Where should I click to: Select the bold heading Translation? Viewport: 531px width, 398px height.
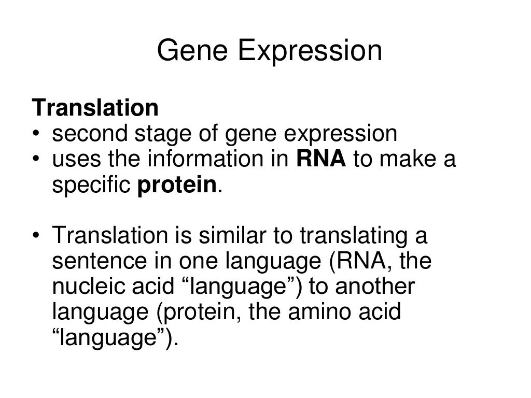pos(95,108)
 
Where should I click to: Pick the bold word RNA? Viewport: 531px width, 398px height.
pos(320,160)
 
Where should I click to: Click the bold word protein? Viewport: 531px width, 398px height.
pos(176,186)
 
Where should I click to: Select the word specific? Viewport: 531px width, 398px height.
pos(92,186)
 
